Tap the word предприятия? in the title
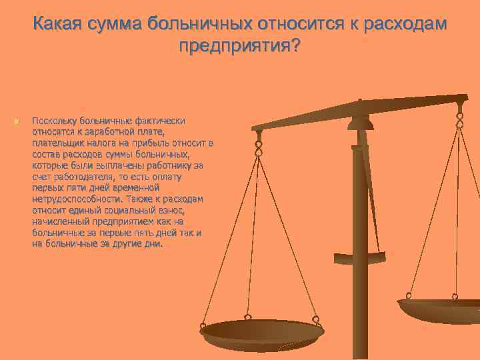[x=239, y=47]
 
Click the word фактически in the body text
[x=160, y=121]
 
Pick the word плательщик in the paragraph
[x=57, y=143]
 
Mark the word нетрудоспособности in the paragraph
[x=71, y=199]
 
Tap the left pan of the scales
[x=261, y=331]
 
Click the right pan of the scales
[x=440, y=309]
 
